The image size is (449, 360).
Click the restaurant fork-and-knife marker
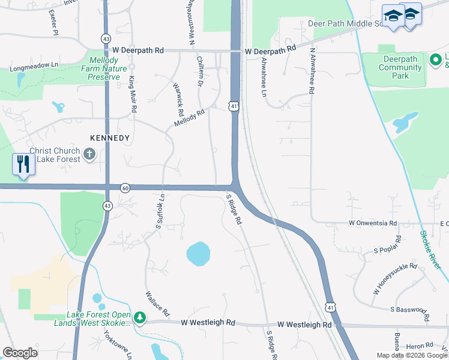coord(23,163)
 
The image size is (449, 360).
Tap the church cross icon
coord(89,155)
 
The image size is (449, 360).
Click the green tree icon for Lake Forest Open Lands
coord(140,317)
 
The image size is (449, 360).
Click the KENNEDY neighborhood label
coord(110,138)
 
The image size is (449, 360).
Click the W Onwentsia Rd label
coord(373,223)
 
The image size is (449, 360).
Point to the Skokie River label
coord(431,249)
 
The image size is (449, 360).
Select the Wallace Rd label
coord(157,304)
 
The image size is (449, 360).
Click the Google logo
coord(20,352)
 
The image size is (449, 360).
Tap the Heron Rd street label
coord(420,345)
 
